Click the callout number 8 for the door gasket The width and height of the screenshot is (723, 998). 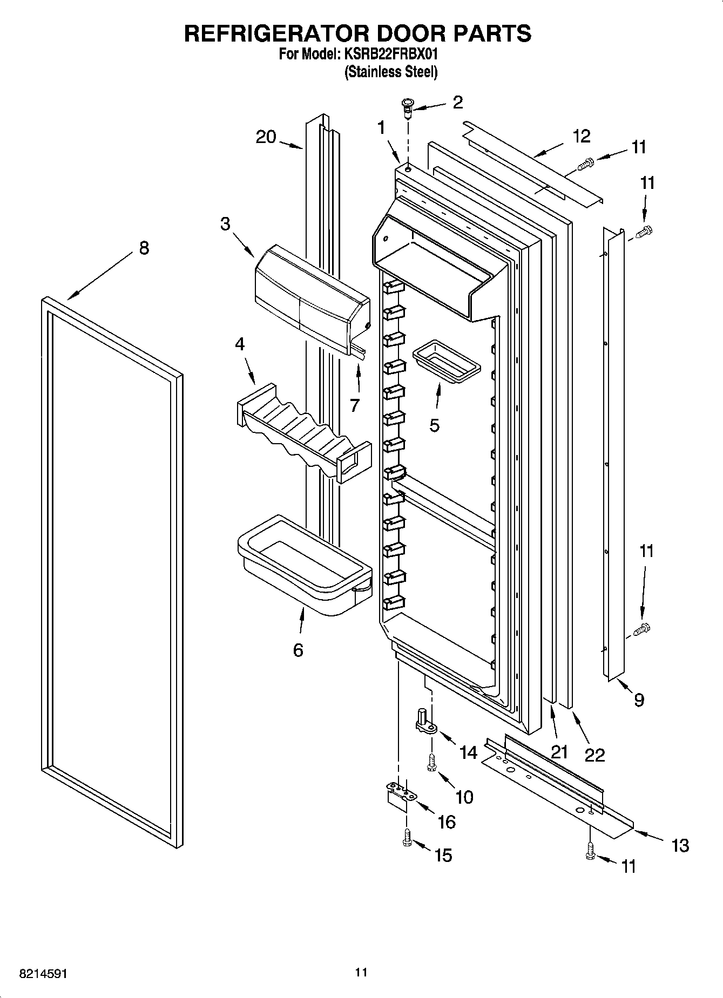(144, 248)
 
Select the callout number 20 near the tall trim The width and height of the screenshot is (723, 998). (266, 137)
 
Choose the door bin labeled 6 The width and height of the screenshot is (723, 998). (304, 564)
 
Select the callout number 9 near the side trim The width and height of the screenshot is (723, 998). (639, 700)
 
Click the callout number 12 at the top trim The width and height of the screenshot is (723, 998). (582, 136)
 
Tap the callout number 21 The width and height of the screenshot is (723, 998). (559, 752)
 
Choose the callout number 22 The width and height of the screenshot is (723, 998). (594, 755)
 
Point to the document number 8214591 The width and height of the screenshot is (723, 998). (43, 974)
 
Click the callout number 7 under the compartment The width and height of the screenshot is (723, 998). (355, 405)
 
